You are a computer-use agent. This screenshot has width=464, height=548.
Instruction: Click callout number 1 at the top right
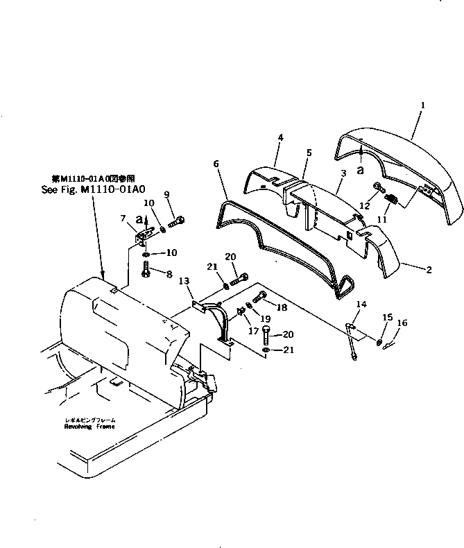(422, 105)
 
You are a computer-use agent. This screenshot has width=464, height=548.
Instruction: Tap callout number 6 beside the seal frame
(216, 164)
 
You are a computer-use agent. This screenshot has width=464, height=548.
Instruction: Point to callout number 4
(280, 138)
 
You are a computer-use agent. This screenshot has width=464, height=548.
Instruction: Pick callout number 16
(403, 323)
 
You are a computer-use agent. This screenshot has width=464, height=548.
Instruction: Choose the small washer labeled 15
(379, 341)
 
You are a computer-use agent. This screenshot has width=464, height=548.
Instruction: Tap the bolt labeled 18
(259, 300)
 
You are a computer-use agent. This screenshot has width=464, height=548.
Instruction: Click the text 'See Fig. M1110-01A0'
(91, 188)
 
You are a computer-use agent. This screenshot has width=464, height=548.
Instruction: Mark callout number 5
(308, 151)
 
